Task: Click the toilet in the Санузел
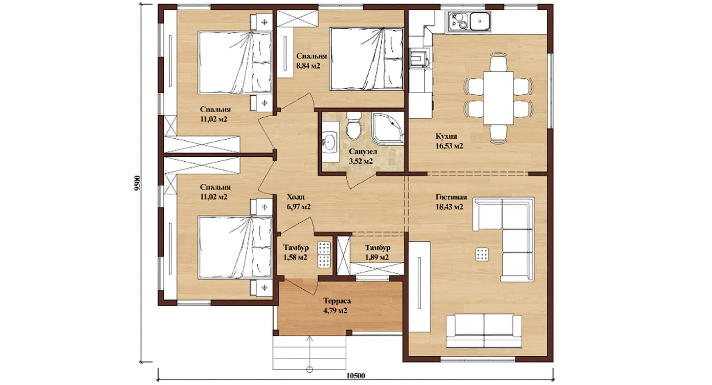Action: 353,125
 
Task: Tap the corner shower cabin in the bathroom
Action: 388,128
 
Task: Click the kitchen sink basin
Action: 480,21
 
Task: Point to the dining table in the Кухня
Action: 498,98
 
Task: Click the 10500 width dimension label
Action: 355,376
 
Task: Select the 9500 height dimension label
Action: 137,183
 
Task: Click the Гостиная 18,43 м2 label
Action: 451,202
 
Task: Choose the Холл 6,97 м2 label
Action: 299,202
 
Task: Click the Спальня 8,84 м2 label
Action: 311,61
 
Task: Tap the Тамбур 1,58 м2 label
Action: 296,252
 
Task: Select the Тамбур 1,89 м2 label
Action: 377,252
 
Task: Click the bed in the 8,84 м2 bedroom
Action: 367,59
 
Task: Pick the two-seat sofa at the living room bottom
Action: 484,331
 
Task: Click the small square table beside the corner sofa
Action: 482,254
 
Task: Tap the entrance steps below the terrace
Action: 309,353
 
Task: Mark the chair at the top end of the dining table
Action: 498,62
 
